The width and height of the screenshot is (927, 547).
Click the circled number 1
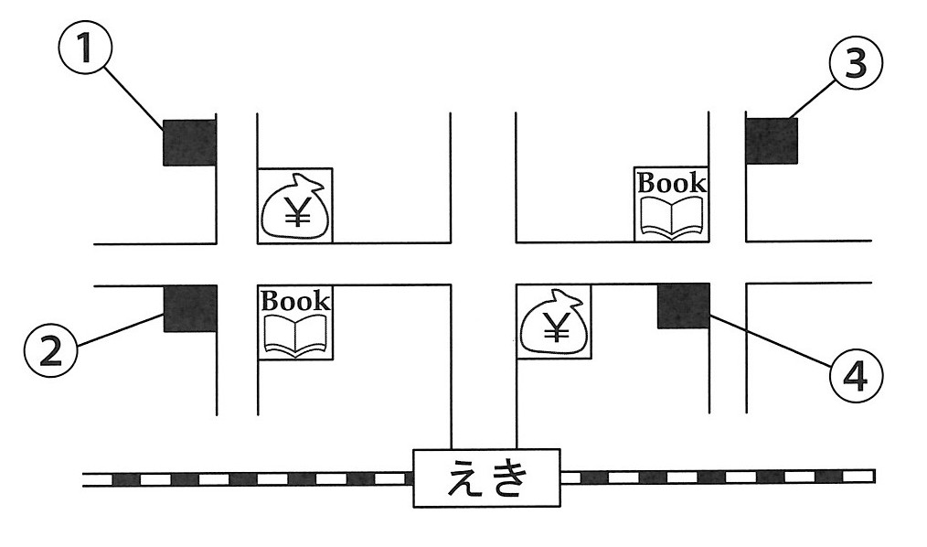click(86, 47)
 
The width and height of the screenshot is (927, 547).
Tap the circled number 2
click(51, 352)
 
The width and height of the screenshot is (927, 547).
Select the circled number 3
click(856, 63)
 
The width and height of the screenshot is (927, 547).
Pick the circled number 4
click(856, 376)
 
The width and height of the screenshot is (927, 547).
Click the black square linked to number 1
click(189, 142)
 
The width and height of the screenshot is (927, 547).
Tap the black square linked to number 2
click(190, 308)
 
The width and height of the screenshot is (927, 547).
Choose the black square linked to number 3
click(772, 141)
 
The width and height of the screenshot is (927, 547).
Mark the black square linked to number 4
click(684, 306)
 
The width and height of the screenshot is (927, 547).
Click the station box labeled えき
click(486, 477)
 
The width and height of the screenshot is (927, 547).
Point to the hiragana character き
click(508, 477)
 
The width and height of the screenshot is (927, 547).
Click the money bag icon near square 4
click(553, 322)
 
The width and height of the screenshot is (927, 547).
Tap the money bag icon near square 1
click(294, 207)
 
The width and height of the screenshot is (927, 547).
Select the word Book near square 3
click(672, 182)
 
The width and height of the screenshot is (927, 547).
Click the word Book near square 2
click(295, 300)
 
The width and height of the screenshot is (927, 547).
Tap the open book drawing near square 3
click(672, 217)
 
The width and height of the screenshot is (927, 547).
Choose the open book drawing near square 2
click(295, 336)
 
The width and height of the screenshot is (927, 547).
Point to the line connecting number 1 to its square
click(134, 98)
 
